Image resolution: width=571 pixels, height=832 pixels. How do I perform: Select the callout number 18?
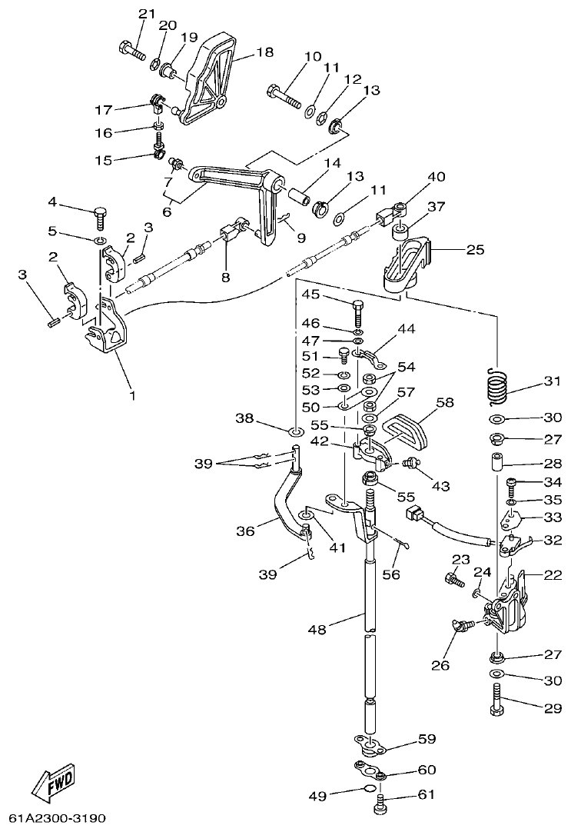click(x=264, y=53)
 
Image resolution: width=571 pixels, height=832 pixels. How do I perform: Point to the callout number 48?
click(x=317, y=630)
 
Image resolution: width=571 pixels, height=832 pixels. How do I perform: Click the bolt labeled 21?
click(x=132, y=52)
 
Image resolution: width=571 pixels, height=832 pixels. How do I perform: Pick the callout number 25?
click(x=476, y=249)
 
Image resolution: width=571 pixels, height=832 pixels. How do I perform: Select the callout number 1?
click(x=131, y=396)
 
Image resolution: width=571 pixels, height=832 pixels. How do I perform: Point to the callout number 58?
click(x=445, y=402)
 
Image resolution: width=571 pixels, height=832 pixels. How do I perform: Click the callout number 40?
click(x=436, y=177)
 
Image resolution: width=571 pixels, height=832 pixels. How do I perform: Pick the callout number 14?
click(x=331, y=163)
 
